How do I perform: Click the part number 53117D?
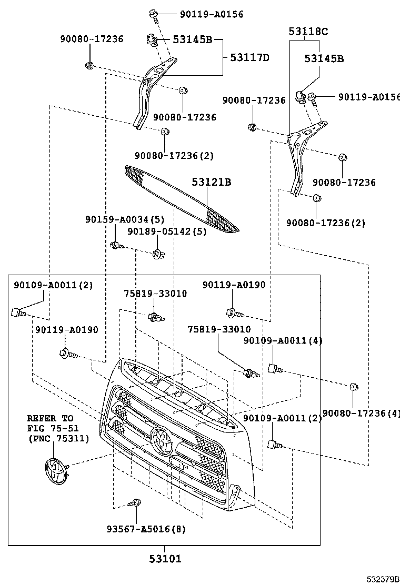point(249,57)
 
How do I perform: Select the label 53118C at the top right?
point(308,32)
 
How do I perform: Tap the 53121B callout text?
point(211,182)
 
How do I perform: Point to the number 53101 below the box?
point(164,559)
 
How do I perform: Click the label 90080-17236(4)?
point(361,413)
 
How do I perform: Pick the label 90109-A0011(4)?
point(283,340)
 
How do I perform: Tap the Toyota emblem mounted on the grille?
point(162,441)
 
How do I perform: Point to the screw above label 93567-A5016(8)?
point(136,503)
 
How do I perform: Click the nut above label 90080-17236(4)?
point(354,387)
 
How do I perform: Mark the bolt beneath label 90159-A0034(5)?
point(116,245)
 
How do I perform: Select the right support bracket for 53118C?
point(299,158)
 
